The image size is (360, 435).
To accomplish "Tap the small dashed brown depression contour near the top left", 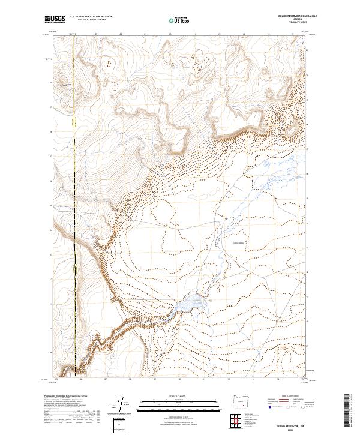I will [x=109, y=62].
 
